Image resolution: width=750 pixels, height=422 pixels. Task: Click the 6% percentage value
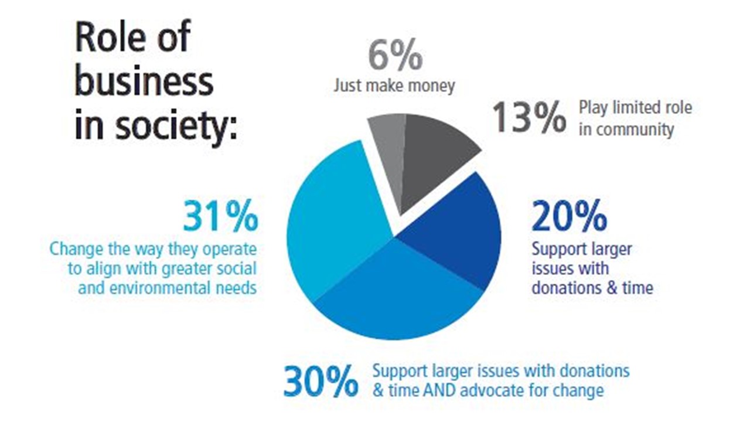pos(395,55)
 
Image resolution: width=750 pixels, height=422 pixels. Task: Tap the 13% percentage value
pos(529,117)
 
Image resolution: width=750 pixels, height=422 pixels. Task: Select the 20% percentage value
pos(569,217)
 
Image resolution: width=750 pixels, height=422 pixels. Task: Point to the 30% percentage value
pos(321,381)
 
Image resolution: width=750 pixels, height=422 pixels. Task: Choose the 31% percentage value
pos(220,217)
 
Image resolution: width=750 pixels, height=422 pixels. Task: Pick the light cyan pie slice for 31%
pos(334,223)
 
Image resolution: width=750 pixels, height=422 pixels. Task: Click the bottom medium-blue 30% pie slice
pos(398,293)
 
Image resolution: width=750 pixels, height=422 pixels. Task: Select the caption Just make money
pos(394,86)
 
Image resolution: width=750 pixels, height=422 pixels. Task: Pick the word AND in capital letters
pos(438,390)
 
